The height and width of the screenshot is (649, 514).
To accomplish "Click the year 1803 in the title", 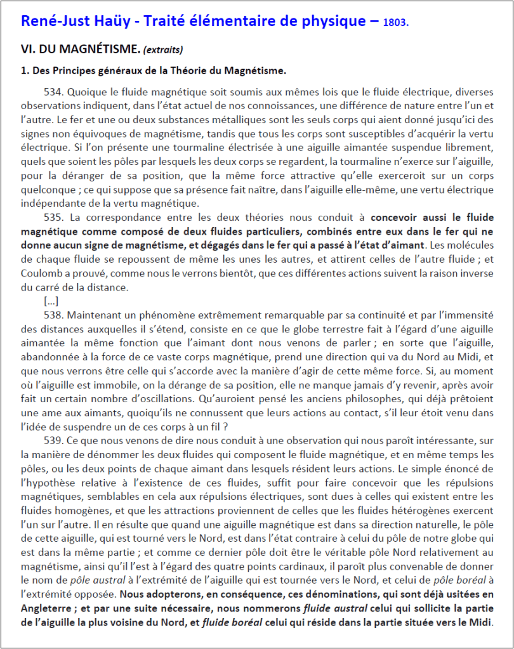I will coord(396,22).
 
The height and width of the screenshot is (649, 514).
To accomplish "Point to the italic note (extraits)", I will coord(163,49).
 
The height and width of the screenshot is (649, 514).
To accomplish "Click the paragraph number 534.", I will coord(54,91).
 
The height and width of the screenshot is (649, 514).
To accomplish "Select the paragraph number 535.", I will coord(54,217).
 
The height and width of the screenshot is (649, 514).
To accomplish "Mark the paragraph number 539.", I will coord(54,441).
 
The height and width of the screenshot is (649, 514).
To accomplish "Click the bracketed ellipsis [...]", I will coord(51,301).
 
